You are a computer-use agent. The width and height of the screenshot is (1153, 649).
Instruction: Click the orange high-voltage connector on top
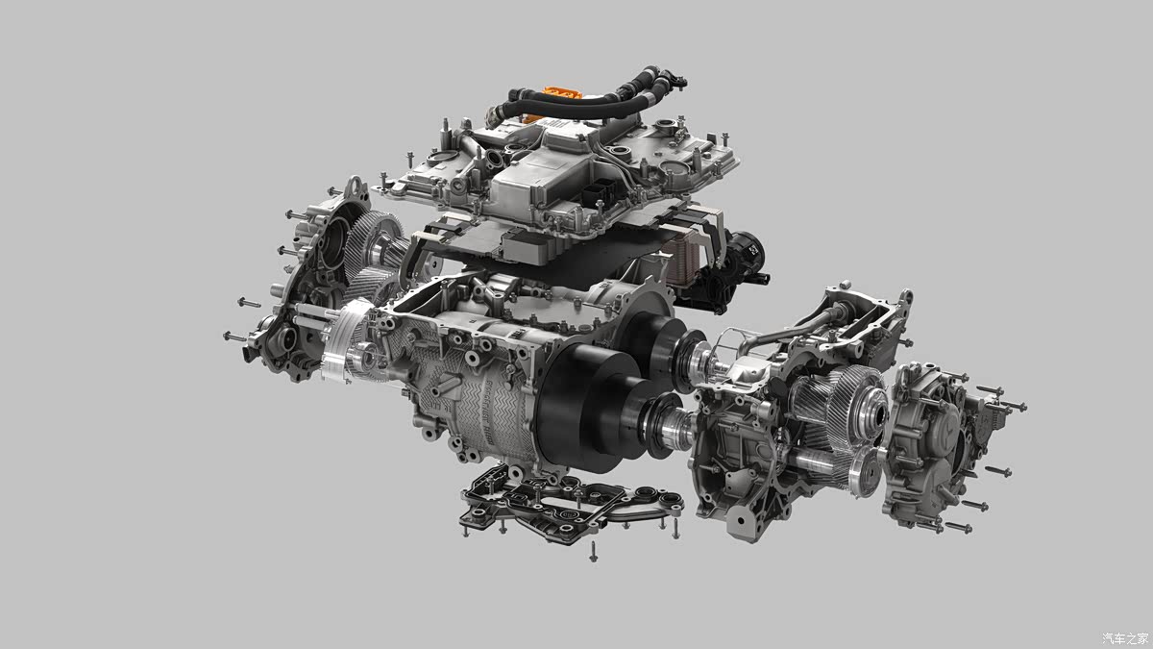556,97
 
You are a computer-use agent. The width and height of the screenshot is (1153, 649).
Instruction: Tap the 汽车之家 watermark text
1123,637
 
